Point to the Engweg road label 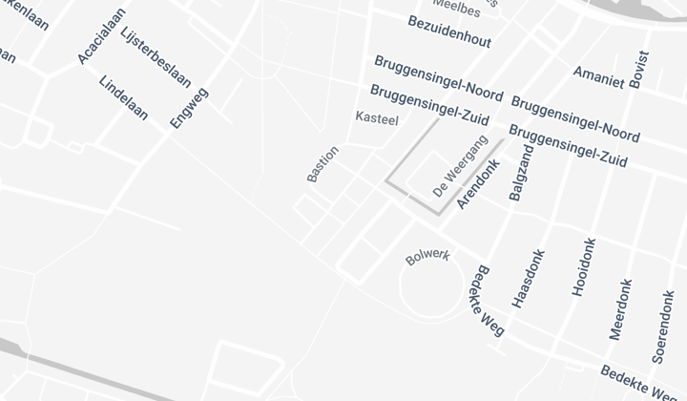189,107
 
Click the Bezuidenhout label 448,31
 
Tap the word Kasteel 376,118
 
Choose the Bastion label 323,163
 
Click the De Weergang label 460,167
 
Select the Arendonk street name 478,184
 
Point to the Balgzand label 522,173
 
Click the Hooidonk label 582,267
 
